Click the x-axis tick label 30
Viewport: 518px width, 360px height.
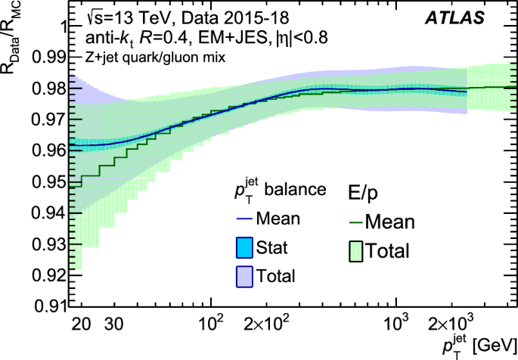click(113, 325)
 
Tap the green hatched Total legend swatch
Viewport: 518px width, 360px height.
click(356, 251)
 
